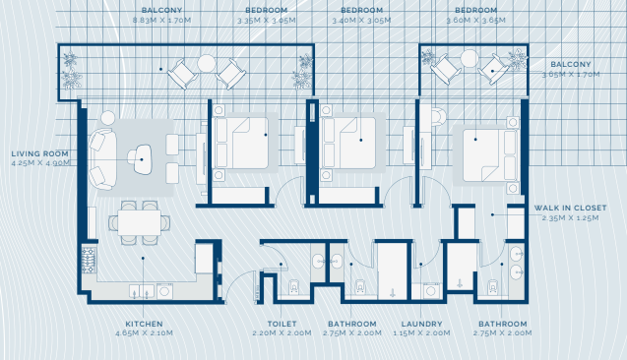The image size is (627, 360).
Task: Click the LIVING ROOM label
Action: [x=39, y=153]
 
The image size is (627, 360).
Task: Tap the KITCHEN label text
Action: [x=144, y=324]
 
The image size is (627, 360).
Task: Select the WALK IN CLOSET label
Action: [x=570, y=209]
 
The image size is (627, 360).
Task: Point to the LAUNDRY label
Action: [x=421, y=324]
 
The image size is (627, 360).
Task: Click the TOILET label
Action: [x=282, y=324]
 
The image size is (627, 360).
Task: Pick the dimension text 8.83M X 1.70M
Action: [x=162, y=21]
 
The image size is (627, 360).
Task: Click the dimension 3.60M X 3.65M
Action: [x=475, y=21]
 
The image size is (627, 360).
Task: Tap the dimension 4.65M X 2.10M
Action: [x=144, y=333]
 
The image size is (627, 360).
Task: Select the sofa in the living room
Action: [x=102, y=159]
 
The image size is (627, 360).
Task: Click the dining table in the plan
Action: [x=139, y=222]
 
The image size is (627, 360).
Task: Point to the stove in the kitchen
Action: [x=89, y=260]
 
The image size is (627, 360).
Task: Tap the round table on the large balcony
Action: [x=207, y=63]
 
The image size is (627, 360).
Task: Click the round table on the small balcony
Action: [x=470, y=58]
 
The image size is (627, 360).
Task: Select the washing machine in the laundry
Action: [x=431, y=290]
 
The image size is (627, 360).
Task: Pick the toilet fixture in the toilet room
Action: [x=294, y=286]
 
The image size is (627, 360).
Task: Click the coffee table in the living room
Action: [x=142, y=159]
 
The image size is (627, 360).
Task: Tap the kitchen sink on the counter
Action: [x=142, y=291]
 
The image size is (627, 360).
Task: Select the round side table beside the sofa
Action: [x=107, y=118]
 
